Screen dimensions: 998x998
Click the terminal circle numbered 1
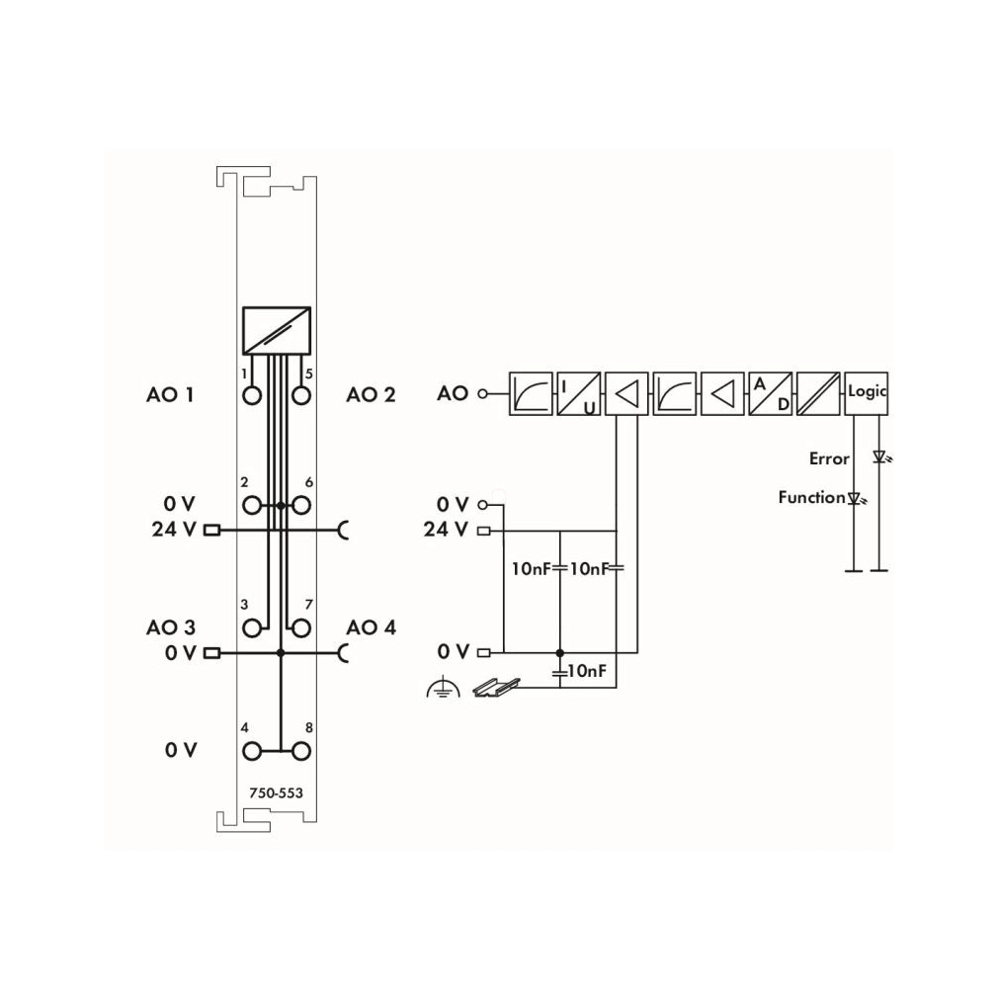252,396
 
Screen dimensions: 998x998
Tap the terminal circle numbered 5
301,396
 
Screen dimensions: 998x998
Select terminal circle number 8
301,751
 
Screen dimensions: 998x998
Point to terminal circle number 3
252,628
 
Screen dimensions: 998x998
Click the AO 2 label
371,394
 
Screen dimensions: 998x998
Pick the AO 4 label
372,627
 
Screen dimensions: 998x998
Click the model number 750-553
277,792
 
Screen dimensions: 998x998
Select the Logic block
866,394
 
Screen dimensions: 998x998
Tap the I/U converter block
579,394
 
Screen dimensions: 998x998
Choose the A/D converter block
770,394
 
